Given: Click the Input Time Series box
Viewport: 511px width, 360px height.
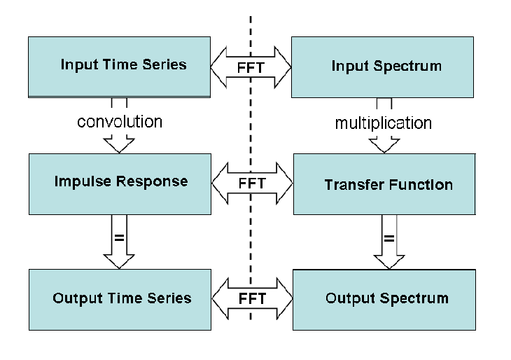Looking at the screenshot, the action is [x=119, y=67].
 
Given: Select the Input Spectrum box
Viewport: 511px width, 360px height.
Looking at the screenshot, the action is [x=382, y=67].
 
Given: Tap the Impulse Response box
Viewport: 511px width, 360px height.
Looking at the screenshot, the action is [x=120, y=184].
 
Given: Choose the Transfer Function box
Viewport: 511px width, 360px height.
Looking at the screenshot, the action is [x=384, y=184].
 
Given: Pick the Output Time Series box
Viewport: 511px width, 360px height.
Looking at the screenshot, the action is [x=120, y=300].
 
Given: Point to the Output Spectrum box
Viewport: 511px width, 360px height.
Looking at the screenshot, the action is [x=384, y=300].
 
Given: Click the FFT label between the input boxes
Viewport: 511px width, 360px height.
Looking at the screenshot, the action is [x=251, y=68].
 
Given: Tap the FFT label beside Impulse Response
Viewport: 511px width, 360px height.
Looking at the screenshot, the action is [x=252, y=184].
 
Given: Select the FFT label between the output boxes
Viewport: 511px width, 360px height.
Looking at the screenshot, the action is [x=252, y=298].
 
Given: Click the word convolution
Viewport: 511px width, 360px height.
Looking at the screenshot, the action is [x=120, y=122].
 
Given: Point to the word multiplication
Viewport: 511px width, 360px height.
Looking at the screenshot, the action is [x=384, y=123].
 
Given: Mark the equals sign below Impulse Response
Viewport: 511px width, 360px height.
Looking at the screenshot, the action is [x=119, y=237].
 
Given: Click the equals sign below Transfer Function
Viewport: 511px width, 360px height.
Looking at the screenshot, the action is [x=389, y=239].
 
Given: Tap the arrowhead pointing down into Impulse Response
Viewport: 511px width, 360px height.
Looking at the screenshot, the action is [x=119, y=146].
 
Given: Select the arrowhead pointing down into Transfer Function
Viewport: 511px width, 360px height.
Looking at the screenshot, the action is [x=384, y=146].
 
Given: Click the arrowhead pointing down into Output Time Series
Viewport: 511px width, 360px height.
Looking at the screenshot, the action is [x=119, y=261].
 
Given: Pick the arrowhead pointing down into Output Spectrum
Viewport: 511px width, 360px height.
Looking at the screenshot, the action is [x=389, y=262].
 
